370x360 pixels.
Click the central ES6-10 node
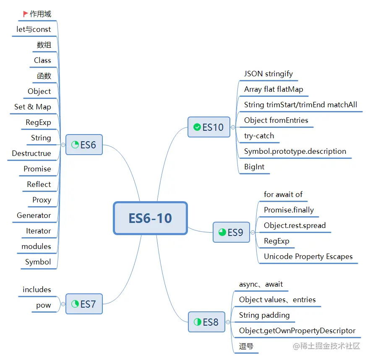[150, 218]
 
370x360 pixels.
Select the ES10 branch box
[209, 127]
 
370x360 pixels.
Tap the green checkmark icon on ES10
[197, 127]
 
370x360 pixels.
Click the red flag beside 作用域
[26, 14]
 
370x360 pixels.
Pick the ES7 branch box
[84, 304]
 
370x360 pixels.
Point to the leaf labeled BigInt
[254, 167]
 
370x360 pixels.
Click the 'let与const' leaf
[34, 29]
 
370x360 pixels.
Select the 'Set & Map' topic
[33, 107]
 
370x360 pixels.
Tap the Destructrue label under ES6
[31, 153]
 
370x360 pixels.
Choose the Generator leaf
[34, 215]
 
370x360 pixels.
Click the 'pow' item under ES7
[44, 305]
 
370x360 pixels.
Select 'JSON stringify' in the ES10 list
[268, 74]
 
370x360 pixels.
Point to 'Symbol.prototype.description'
[295, 151]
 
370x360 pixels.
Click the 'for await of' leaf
[283, 194]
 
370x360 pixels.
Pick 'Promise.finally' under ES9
[289, 210]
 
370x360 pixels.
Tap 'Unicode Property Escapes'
[308, 256]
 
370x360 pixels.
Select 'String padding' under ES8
[264, 315]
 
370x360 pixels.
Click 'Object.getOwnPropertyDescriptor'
[297, 331]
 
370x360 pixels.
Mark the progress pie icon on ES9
[222, 232]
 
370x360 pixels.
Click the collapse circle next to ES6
[63, 145]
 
